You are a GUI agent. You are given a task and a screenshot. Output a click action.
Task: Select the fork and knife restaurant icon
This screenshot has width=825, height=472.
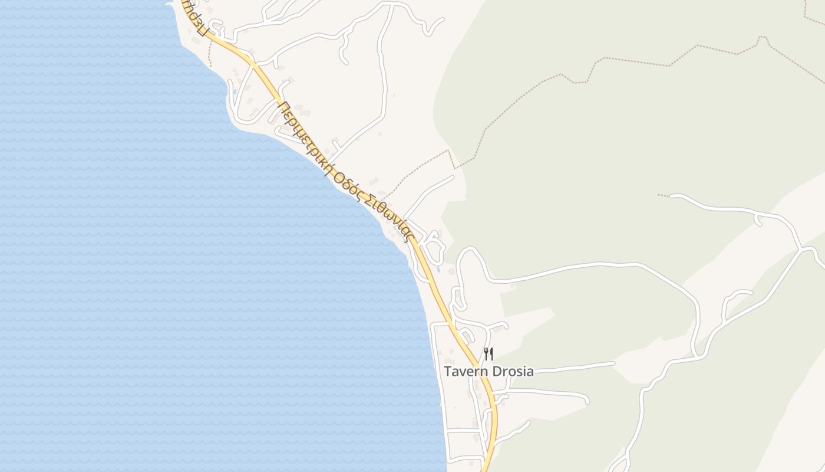pyautogui.click(x=488, y=354)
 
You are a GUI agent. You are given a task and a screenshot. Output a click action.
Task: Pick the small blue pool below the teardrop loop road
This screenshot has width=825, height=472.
pyautogui.click(x=438, y=270)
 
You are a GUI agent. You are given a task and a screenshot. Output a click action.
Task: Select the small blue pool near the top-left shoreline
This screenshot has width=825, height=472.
pyautogui.click(x=235, y=92)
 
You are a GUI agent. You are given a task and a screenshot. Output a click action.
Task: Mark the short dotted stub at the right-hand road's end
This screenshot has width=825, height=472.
pyautogui.click(x=664, y=195)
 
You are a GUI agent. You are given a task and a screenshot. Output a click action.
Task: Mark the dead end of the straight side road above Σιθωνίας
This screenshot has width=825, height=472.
pyautogui.click(x=453, y=176)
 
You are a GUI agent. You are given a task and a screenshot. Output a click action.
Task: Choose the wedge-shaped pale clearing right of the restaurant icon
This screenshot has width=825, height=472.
pyautogui.click(x=530, y=322)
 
